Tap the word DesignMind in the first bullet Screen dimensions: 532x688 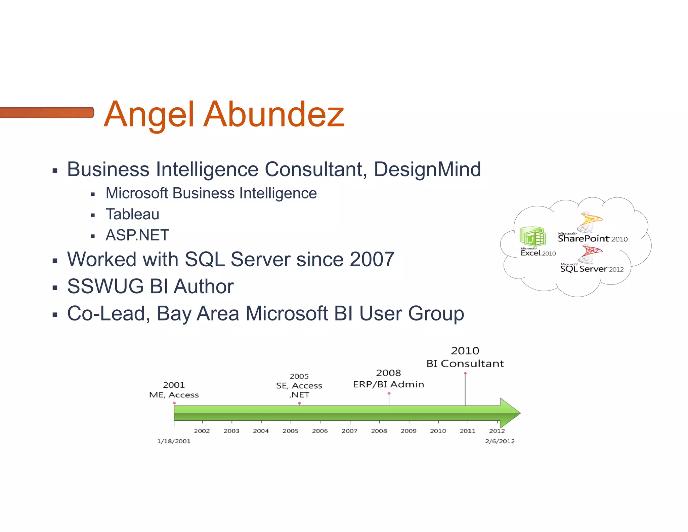(427, 169)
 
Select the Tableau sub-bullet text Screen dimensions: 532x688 (132, 214)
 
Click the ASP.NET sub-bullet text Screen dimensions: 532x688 (137, 235)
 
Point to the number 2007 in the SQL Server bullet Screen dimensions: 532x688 (372, 259)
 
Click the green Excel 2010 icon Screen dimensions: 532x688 (532, 236)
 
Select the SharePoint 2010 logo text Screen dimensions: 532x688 (592, 239)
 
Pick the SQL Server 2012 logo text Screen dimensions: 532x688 (592, 269)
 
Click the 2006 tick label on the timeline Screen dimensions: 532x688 (320, 431)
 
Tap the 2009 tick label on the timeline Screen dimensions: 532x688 (408, 431)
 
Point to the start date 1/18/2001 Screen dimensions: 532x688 (174, 441)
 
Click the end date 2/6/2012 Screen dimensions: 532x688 (500, 441)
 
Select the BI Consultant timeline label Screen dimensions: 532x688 (465, 364)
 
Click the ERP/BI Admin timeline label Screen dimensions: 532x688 (388, 384)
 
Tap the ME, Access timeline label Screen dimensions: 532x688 (174, 395)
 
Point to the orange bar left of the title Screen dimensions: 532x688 (46, 112)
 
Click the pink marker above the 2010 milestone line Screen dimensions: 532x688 (465, 373)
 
